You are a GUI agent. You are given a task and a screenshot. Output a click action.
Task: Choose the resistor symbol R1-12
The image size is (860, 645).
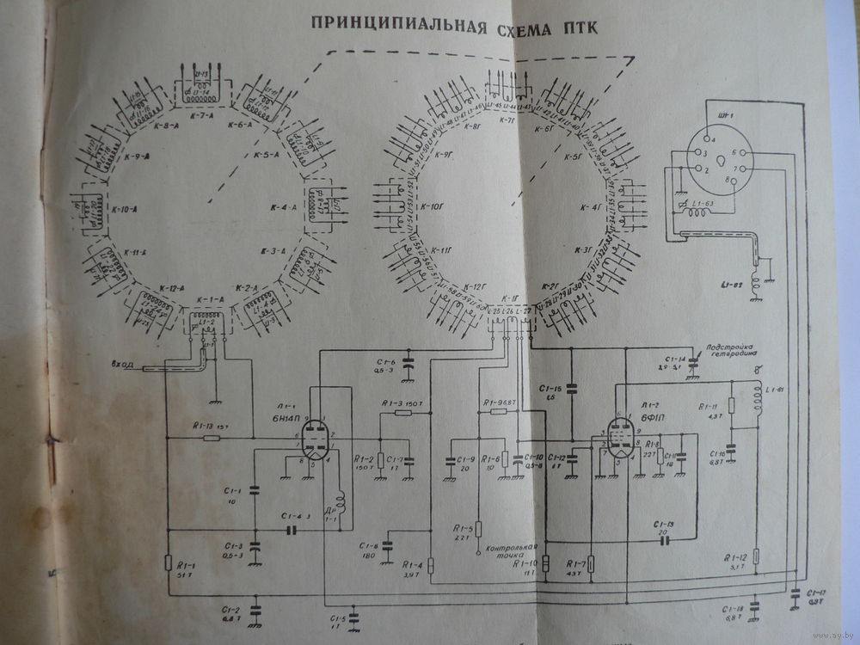tap(756, 556)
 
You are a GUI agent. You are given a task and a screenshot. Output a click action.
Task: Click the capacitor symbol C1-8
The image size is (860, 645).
tap(390, 544)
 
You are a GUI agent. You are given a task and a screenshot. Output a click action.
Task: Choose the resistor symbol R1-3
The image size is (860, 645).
tap(403, 413)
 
